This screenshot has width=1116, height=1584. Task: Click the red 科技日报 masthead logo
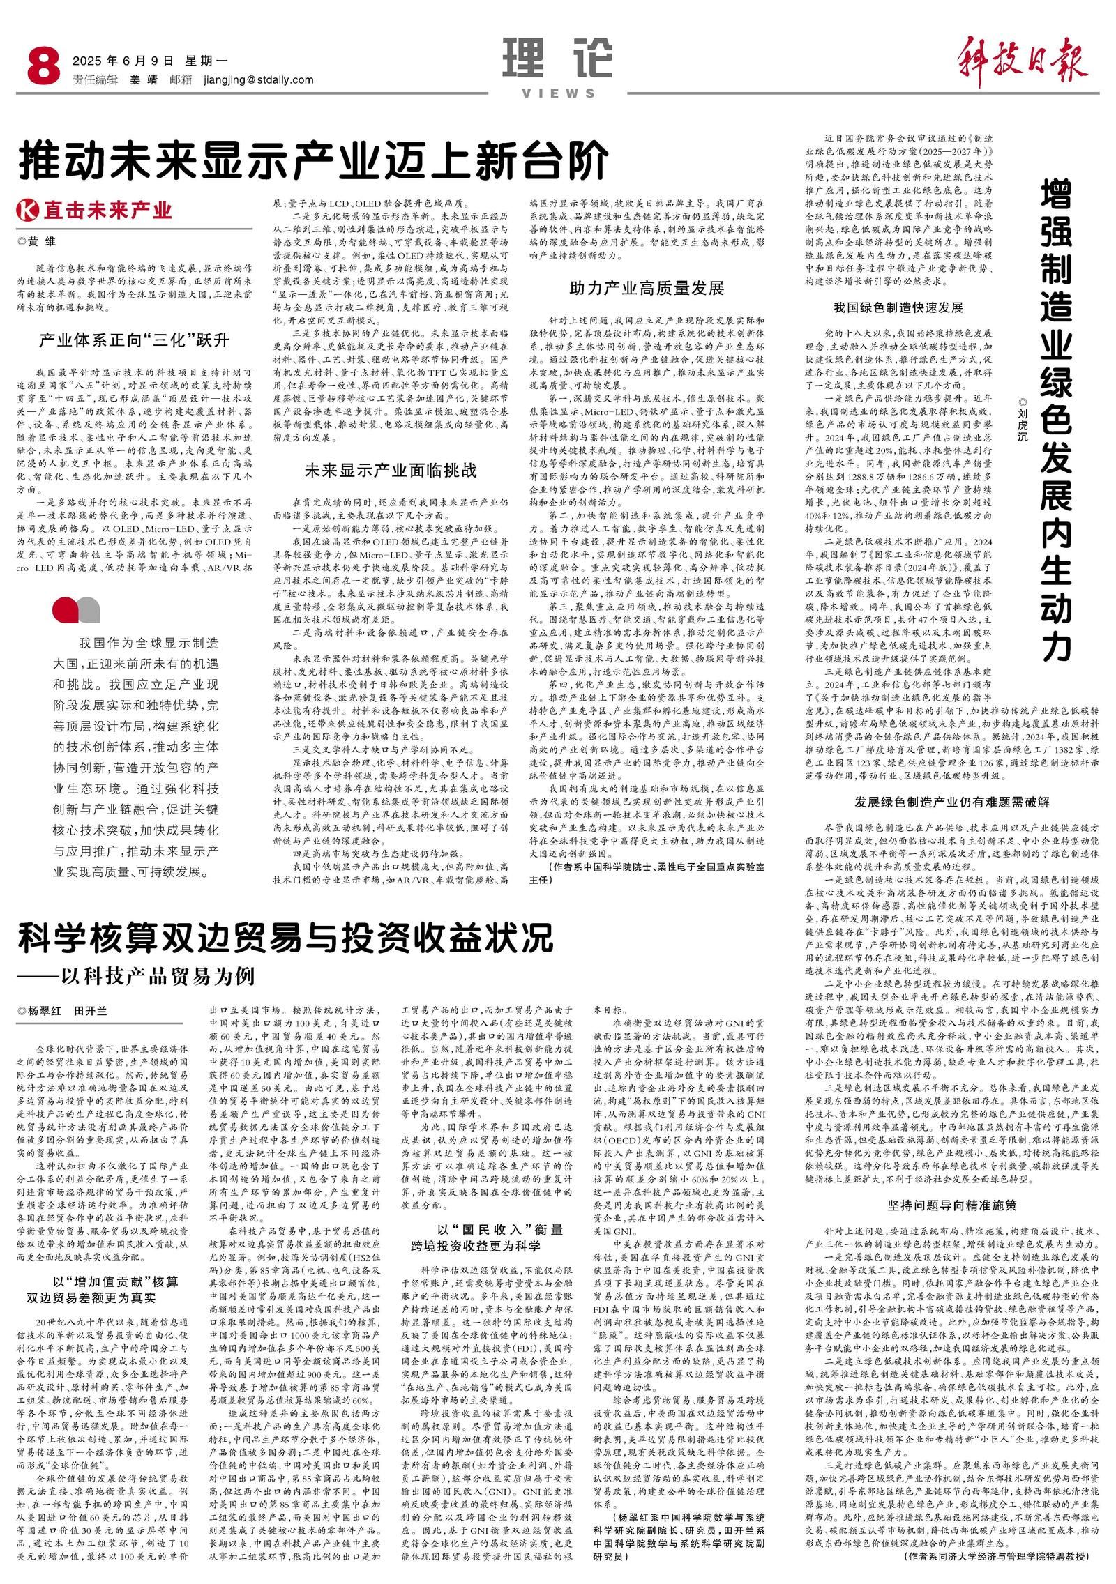[x=1023, y=59]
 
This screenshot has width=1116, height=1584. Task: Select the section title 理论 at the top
[x=557, y=57]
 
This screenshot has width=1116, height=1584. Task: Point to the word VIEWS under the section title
[x=557, y=93]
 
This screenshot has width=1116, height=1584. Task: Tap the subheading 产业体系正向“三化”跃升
[x=133, y=340]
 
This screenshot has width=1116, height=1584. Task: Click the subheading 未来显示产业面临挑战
[x=391, y=470]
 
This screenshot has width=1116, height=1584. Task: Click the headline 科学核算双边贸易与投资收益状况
[x=286, y=938]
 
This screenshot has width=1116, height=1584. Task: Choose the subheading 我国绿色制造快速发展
[x=898, y=307]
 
